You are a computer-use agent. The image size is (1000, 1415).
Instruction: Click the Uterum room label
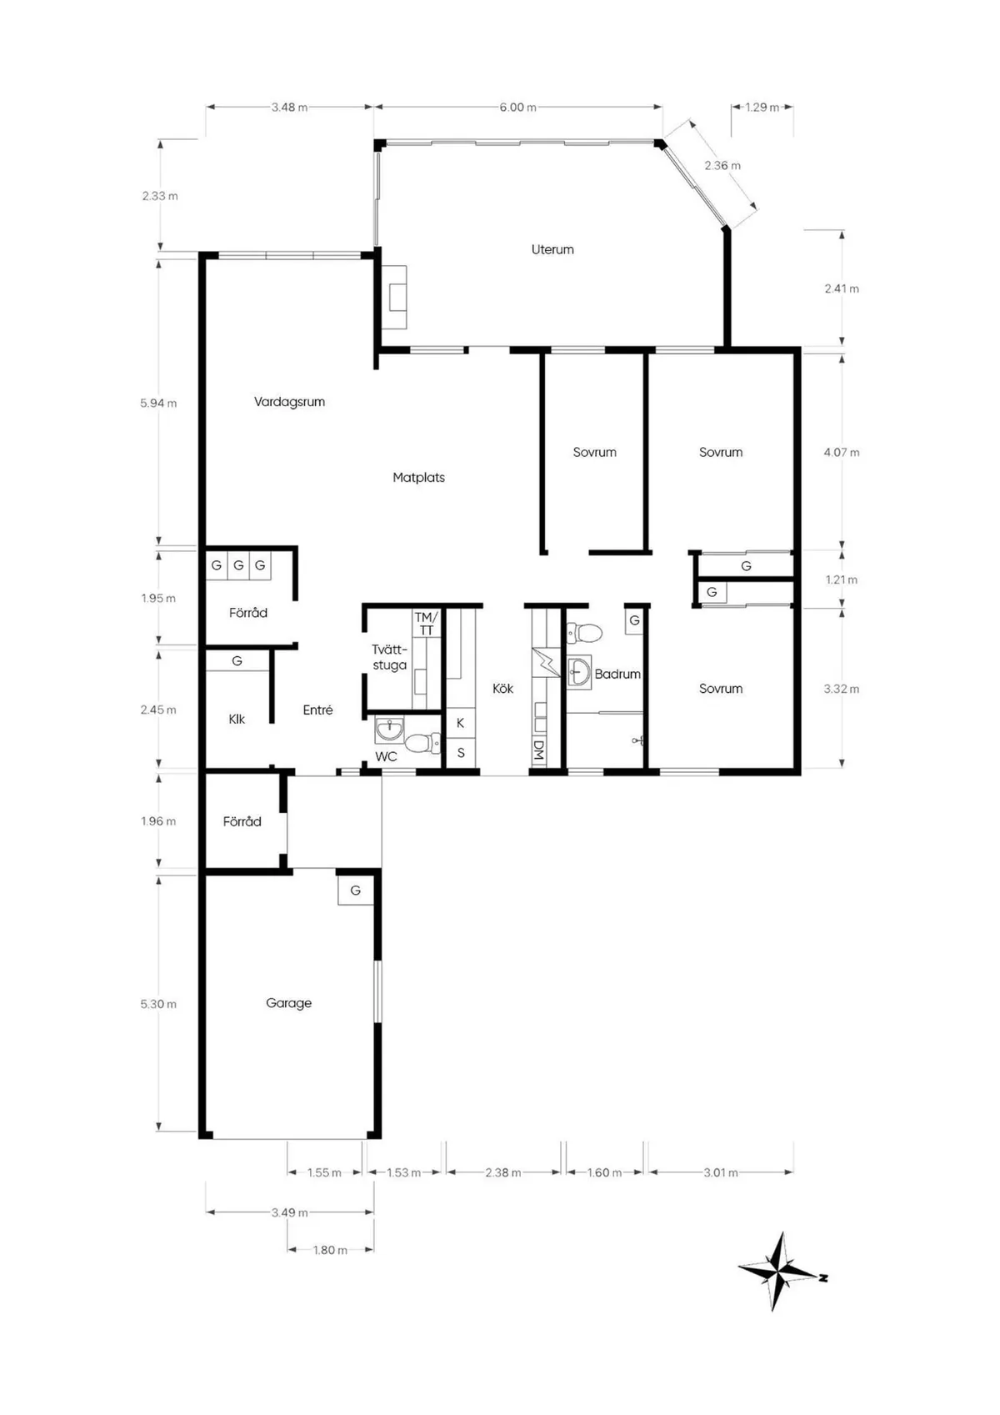552,249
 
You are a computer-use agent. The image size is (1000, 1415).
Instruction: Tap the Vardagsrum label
289,402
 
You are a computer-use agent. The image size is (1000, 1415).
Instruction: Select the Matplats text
418,478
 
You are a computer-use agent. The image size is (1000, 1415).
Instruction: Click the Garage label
288,1003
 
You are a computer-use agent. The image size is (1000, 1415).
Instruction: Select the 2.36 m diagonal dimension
722,165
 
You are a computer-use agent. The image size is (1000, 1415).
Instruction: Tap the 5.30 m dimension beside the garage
158,1004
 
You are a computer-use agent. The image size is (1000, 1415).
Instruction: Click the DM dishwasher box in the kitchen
538,751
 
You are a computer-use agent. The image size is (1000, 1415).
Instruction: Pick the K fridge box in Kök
460,723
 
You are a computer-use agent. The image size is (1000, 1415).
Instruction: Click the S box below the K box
460,753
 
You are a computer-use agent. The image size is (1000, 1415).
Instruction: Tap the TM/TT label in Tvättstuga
426,624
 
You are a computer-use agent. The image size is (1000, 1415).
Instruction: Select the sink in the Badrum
577,670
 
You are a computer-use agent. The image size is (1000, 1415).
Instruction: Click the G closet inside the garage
355,891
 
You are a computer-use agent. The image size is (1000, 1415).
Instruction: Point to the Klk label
237,719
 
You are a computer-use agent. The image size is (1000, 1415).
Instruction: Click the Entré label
317,710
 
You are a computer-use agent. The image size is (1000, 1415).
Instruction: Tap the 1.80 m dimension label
330,1250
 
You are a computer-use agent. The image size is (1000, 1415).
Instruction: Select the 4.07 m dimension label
841,452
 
